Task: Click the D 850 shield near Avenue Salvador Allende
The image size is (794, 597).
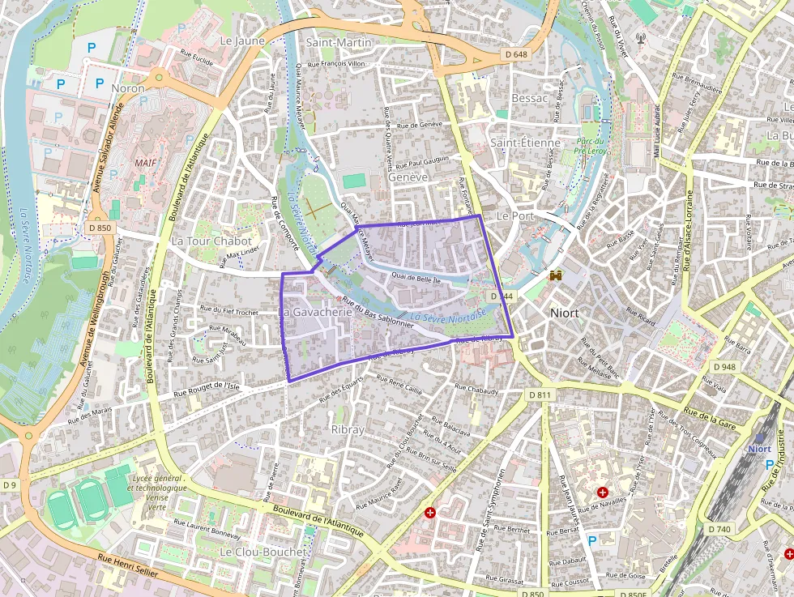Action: click(x=100, y=228)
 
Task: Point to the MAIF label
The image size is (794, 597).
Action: click(x=145, y=163)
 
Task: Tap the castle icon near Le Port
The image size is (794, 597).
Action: click(x=556, y=275)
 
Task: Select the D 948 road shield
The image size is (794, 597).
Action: click(x=725, y=367)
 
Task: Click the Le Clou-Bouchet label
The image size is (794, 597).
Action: click(x=263, y=552)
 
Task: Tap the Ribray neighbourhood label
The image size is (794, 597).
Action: click(x=348, y=429)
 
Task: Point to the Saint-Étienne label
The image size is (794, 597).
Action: click(x=525, y=143)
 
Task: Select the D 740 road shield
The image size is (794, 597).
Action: click(x=719, y=529)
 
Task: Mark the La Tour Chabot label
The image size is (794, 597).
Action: click(x=211, y=241)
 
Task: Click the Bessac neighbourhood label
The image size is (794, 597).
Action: click(x=530, y=98)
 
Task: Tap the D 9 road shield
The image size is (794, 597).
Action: click(x=10, y=484)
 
